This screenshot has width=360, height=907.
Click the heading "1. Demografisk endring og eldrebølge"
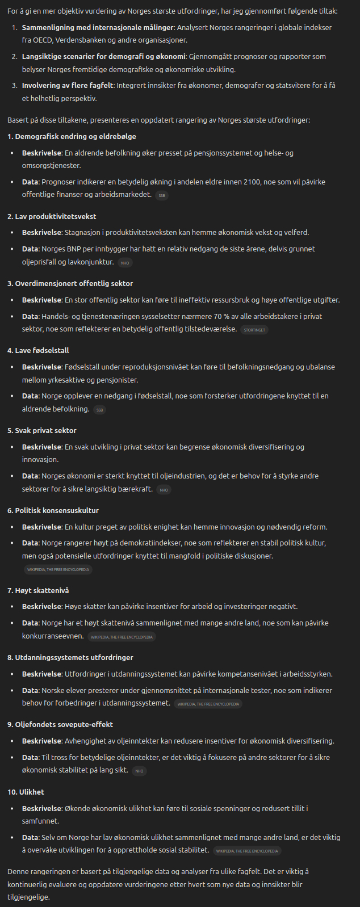click(x=72, y=137)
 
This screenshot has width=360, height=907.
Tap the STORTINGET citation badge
click(x=254, y=330)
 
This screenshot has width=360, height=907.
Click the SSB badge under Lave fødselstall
click(x=99, y=410)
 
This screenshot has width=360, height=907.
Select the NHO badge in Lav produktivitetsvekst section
click(x=125, y=263)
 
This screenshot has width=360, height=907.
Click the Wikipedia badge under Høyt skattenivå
click(x=122, y=637)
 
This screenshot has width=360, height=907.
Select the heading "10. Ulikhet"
click(x=26, y=792)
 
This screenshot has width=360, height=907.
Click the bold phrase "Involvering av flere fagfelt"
click(x=68, y=86)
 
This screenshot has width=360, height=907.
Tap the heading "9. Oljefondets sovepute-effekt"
click(x=60, y=725)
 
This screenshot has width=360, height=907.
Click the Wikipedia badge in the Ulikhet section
click(x=247, y=851)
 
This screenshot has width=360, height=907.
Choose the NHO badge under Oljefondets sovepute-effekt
click(x=139, y=771)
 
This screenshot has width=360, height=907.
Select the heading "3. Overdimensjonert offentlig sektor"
click(x=70, y=284)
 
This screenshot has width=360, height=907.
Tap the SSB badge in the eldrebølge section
click(x=162, y=196)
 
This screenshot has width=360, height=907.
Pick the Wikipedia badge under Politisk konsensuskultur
click(x=58, y=569)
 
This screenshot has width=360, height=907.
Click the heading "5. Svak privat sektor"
click(x=42, y=431)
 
